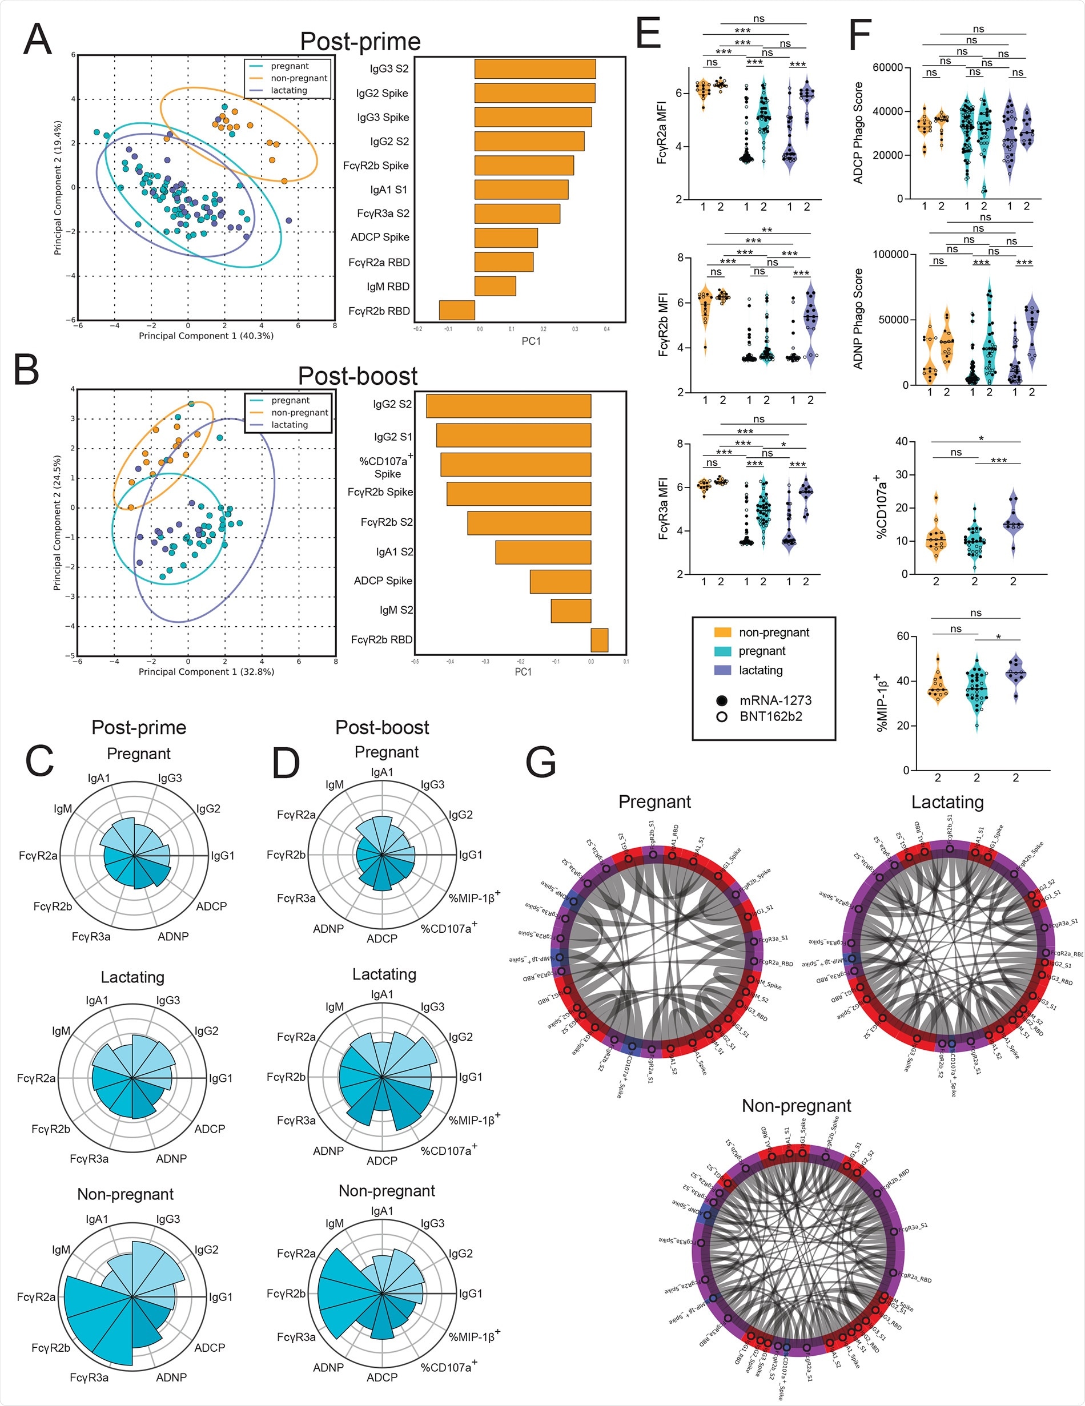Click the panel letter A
coord(37,40)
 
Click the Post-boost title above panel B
coord(357,376)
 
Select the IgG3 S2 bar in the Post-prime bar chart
coord(535,69)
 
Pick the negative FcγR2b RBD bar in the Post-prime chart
coord(456,311)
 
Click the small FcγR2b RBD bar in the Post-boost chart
coord(599,640)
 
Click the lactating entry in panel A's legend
coord(288,90)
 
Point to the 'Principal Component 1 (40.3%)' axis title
coord(206,336)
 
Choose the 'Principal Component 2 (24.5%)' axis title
coord(57,523)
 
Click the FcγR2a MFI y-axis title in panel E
coord(661,132)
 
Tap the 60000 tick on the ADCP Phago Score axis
coord(887,67)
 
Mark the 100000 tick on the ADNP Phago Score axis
coord(890,254)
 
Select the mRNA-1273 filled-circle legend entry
coord(763,700)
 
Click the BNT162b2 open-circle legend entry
coord(763,716)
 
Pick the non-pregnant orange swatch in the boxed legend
coord(722,632)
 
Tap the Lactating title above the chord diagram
coord(947,802)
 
